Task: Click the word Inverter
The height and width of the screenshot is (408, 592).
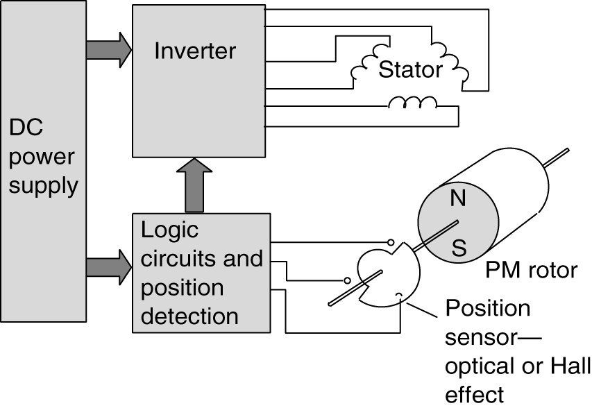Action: tap(195, 51)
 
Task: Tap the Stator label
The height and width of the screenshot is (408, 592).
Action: tap(410, 69)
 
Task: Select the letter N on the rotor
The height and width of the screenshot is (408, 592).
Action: tap(458, 199)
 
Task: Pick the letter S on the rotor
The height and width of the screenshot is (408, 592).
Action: tap(459, 248)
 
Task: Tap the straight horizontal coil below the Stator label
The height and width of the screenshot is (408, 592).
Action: tap(412, 104)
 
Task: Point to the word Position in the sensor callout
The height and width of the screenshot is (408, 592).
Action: tap(487, 307)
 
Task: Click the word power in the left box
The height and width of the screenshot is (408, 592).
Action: tap(40, 157)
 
